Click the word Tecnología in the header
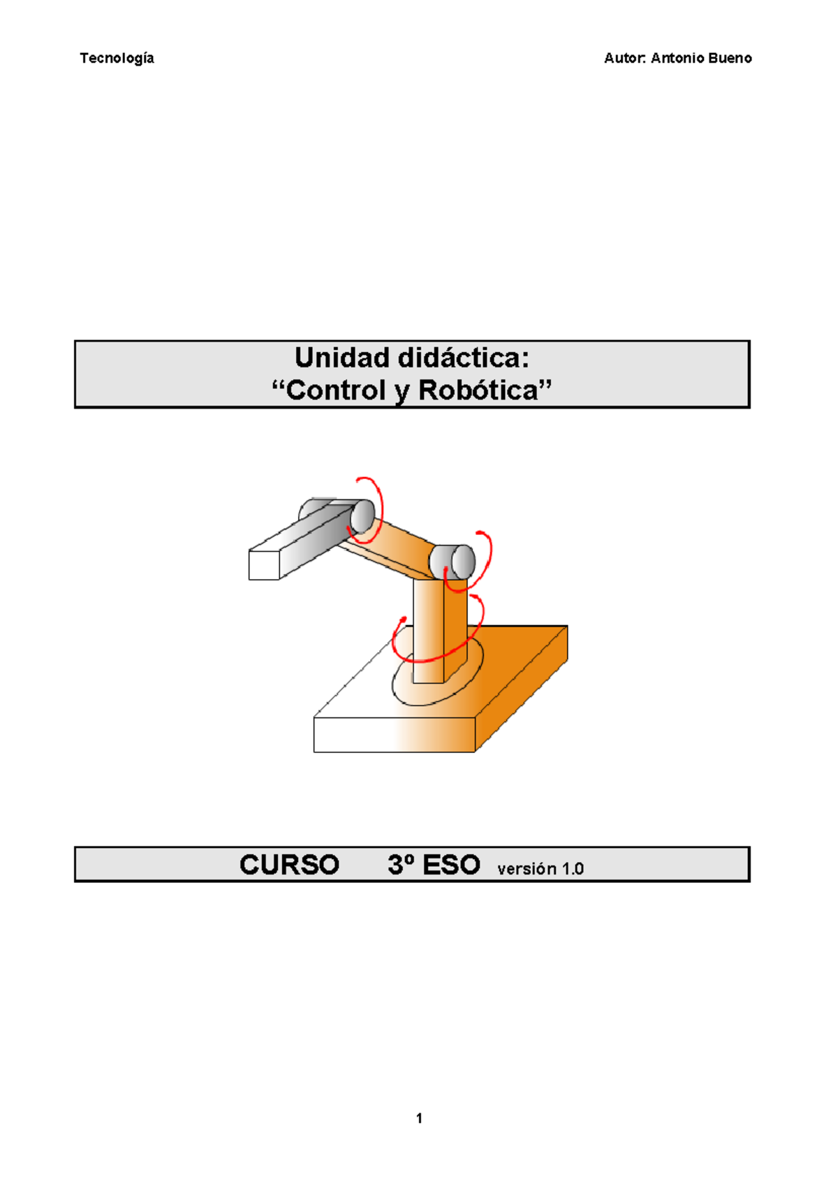[117, 59]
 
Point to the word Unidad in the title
[342, 358]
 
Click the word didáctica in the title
[463, 358]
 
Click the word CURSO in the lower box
[289, 865]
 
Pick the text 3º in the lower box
[401, 865]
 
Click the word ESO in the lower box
[451, 865]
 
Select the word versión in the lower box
[527, 869]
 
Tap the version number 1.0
[573, 869]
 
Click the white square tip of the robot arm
[264, 565]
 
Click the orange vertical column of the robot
[439, 630]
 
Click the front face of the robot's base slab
[395, 735]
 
